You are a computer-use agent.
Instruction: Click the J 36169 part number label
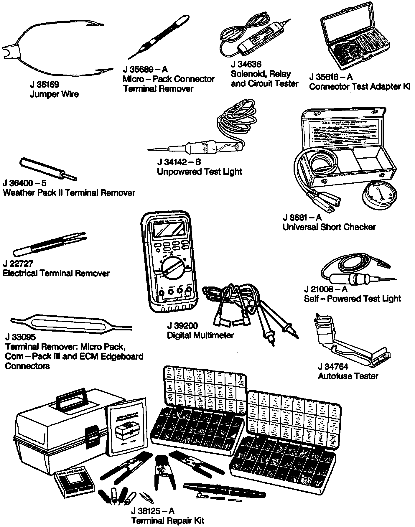[44, 85]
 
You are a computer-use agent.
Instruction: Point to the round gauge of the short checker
[379, 195]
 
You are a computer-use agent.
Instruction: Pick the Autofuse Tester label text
[348, 376]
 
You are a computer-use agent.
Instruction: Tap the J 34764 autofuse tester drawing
[351, 342]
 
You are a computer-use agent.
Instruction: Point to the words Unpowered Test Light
[200, 172]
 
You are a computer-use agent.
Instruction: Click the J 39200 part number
[182, 326]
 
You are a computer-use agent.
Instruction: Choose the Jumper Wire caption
[54, 94]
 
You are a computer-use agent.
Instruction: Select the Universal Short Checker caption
[329, 227]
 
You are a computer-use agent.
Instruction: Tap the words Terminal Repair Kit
[168, 521]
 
